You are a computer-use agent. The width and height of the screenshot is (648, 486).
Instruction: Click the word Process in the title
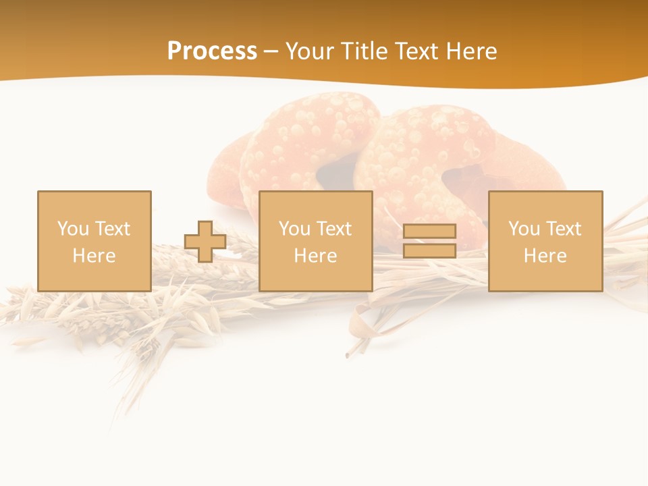[212, 51]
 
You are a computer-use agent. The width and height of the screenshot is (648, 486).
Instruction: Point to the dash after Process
[271, 52]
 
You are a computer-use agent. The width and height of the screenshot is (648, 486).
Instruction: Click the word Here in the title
[469, 51]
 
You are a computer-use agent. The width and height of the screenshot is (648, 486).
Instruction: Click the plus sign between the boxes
[205, 242]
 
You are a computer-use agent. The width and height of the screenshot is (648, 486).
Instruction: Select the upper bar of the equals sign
[429, 231]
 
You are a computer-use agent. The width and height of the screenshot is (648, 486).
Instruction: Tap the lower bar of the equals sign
[429, 251]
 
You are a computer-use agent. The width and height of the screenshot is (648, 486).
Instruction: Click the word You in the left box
[73, 229]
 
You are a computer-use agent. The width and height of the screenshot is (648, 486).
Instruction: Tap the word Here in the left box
[94, 256]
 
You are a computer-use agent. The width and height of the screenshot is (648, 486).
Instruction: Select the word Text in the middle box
[333, 229]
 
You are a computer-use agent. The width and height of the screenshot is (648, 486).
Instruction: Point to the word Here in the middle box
[315, 256]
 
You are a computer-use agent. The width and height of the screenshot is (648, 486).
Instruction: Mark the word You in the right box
[524, 229]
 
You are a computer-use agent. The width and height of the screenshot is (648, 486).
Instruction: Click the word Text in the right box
[563, 229]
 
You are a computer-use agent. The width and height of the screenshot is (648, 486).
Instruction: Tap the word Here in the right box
[545, 256]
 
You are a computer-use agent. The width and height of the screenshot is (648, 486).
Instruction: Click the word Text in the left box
[112, 229]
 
